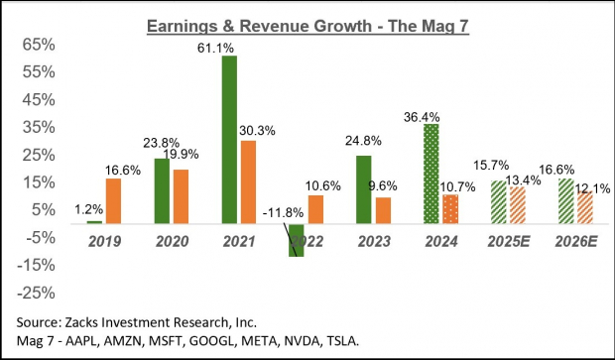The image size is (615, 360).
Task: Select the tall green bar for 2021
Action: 229,140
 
